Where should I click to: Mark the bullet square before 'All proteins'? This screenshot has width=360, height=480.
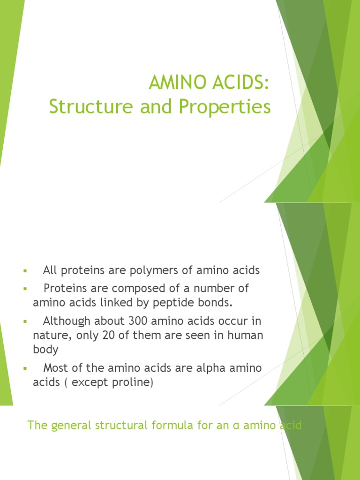24,271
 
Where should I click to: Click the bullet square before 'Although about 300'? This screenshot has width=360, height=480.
24,322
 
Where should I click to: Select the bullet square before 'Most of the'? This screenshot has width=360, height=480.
24,369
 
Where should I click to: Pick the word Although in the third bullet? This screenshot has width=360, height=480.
64,322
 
